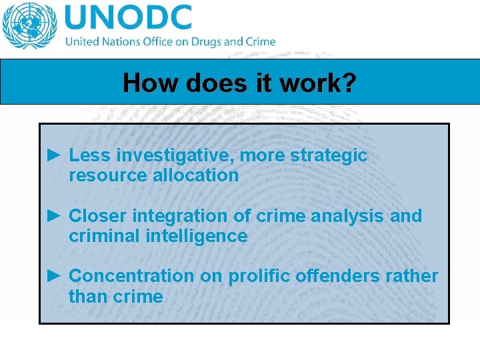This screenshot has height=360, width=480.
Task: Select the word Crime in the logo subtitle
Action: pos(260,41)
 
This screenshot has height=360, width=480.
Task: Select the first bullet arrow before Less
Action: pos(55,155)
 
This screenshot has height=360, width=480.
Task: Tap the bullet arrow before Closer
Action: pos(55,216)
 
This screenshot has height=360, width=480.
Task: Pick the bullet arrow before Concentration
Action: pos(55,276)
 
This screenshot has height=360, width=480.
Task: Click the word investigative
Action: pos(175,155)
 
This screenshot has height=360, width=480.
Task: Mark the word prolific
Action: pos(256,276)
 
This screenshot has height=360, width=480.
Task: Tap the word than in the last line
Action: pos(87,296)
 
